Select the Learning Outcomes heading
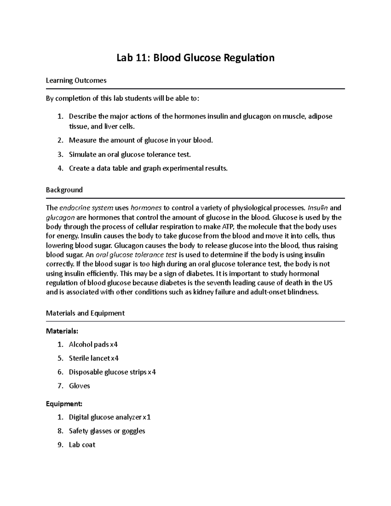click(x=76, y=80)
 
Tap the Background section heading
click(x=64, y=190)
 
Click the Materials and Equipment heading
click(x=85, y=313)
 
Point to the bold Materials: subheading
click(x=62, y=331)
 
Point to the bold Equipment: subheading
click(x=64, y=404)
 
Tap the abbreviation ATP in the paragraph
click(x=229, y=227)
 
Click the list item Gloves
click(x=79, y=386)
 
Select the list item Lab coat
click(x=82, y=445)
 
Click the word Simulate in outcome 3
click(x=82, y=154)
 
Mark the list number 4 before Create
click(x=60, y=168)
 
